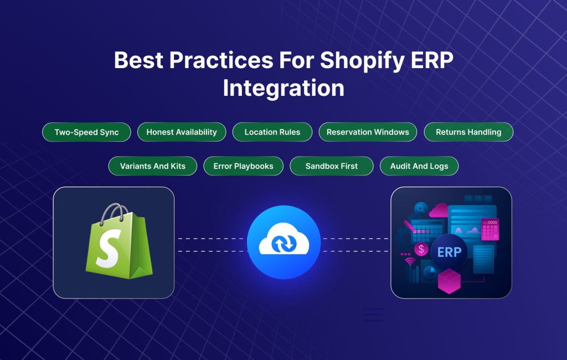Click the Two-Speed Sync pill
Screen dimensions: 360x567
tap(86, 132)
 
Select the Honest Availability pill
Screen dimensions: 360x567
tap(182, 132)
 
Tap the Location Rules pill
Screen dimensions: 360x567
tap(272, 132)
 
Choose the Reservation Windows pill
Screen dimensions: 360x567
tap(368, 132)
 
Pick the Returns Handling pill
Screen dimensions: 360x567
tap(468, 132)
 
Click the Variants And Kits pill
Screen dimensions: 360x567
tap(152, 166)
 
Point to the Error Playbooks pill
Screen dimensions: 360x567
tap(244, 166)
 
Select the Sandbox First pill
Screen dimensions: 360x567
tap(332, 166)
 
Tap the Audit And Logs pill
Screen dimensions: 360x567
tap(419, 166)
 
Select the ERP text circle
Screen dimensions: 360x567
tap(449, 252)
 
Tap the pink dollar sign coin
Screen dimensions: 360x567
tap(422, 249)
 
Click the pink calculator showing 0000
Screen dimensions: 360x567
tap(490, 229)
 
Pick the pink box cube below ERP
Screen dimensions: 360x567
tap(449, 281)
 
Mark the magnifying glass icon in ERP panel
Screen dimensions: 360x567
tap(420, 209)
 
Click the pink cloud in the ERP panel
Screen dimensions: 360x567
tap(439, 209)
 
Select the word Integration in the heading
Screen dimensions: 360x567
tap(283, 89)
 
